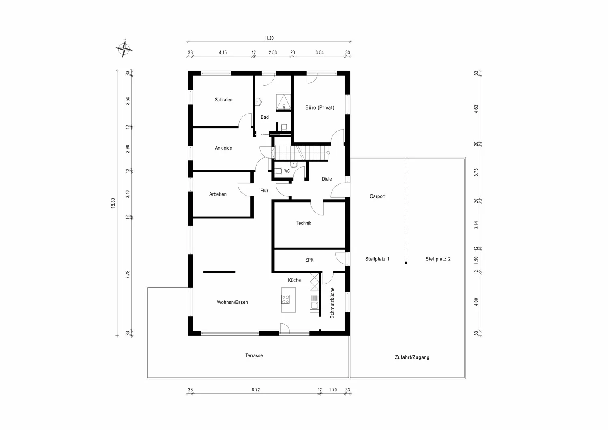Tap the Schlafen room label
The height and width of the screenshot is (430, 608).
[223, 100]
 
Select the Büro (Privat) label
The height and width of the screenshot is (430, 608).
[319, 107]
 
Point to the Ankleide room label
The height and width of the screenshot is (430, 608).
[223, 148]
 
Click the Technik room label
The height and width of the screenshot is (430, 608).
[304, 223]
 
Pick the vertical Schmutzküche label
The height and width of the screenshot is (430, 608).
[332, 303]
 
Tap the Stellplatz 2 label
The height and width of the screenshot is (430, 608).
[438, 259]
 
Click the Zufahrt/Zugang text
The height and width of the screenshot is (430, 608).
[412, 357]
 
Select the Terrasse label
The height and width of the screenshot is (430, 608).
[254, 356]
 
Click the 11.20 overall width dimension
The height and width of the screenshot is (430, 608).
[269, 38]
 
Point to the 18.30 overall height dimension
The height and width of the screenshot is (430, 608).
[113, 203]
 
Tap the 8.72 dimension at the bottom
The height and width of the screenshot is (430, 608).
[256, 390]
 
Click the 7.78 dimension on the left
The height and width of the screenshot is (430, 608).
[128, 275]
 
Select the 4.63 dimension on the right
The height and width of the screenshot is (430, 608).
[476, 109]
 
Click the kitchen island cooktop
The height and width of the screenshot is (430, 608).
[285, 299]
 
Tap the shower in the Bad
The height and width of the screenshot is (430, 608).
[284, 102]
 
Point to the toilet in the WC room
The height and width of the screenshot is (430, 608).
[278, 171]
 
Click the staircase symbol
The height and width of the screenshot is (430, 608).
[301, 153]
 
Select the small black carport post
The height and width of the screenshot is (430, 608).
[406, 263]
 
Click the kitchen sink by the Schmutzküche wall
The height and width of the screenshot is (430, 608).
[315, 305]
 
